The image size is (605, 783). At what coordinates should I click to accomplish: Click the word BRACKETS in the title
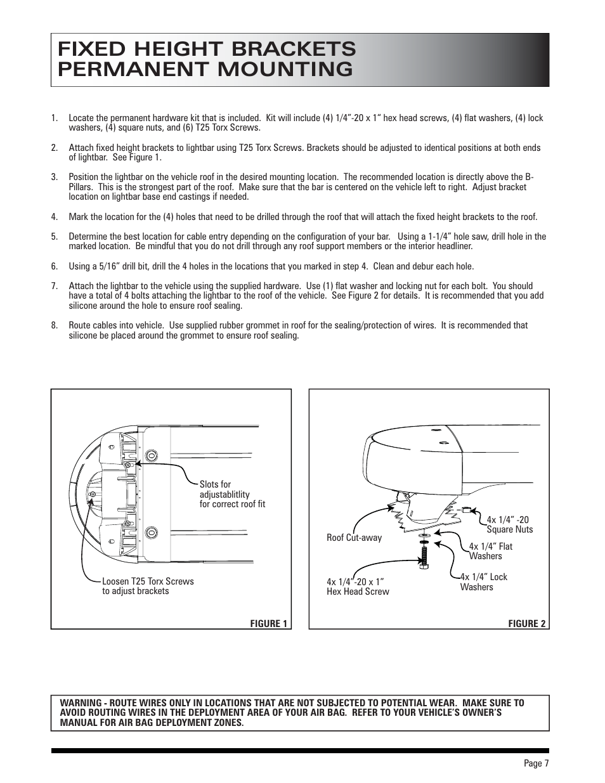tap(282, 49)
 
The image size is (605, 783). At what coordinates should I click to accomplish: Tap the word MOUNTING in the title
tap(280, 69)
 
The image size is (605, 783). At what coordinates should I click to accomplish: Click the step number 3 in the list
tap(55, 178)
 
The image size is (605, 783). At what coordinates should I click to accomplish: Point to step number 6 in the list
tap(55, 266)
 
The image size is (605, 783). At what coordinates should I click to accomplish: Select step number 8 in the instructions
tap(55, 325)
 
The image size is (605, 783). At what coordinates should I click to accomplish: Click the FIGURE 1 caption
tap(268, 623)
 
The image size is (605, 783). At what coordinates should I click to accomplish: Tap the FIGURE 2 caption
tap(526, 623)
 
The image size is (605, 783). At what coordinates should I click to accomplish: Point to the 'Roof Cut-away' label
tap(354, 538)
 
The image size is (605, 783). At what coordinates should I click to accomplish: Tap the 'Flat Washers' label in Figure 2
tap(490, 551)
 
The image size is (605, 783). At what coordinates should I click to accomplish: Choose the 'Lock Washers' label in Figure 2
tap(483, 582)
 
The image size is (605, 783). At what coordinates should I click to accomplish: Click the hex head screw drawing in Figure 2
tap(423, 556)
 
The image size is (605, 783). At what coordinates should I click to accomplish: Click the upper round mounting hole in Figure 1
tap(152, 456)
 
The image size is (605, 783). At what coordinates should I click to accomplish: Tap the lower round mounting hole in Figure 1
tap(152, 531)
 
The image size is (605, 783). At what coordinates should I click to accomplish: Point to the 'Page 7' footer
tap(536, 763)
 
